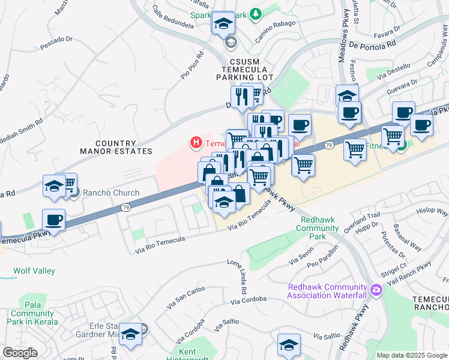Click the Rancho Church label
pyautogui.click(x=110, y=193)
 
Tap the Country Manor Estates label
pyautogui.click(x=116, y=147)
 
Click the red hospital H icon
pyautogui.click(x=196, y=143)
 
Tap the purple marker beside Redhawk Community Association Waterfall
pyautogui.click(x=376, y=290)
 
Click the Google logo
pyautogui.click(x=20, y=352)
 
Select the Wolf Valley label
pyautogui.click(x=34, y=271)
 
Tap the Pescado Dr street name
pyautogui.click(x=56, y=43)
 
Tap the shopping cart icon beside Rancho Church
pyautogui.click(x=68, y=182)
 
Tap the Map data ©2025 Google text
pyautogui.click(x=412, y=355)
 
